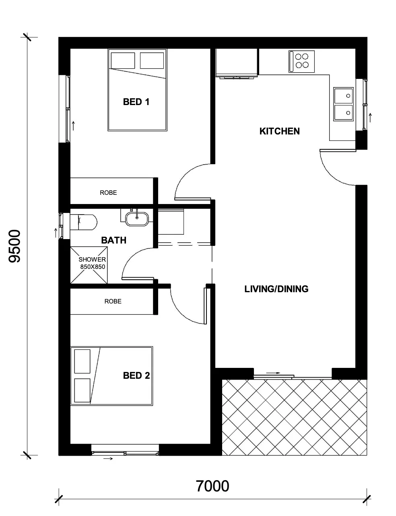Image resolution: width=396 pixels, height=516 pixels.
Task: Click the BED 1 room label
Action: [x=136, y=102]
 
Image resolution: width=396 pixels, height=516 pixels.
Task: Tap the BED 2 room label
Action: [x=136, y=376]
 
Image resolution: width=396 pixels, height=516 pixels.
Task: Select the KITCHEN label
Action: [x=279, y=131]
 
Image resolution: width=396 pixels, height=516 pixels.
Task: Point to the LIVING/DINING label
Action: [x=276, y=289]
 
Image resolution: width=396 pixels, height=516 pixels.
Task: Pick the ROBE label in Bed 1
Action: [x=108, y=192]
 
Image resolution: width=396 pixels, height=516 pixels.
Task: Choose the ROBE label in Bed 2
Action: [x=113, y=301]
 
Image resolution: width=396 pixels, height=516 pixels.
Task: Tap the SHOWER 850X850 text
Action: [x=92, y=263]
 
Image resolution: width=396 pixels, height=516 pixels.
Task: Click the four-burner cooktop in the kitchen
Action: [x=301, y=61]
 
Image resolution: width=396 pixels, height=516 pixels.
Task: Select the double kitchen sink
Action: [x=343, y=104]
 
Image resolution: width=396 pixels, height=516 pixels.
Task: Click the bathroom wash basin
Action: [x=137, y=219]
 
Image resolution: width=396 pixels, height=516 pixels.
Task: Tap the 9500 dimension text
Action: [x=14, y=246]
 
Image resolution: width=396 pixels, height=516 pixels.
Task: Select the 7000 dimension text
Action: [x=212, y=486]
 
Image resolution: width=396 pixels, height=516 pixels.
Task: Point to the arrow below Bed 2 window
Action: [x=108, y=458]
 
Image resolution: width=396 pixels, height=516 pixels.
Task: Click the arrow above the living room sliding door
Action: [x=273, y=373]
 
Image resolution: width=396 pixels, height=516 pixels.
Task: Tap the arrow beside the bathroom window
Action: [x=56, y=233]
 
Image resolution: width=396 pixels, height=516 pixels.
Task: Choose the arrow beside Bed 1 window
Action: [x=73, y=126]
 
